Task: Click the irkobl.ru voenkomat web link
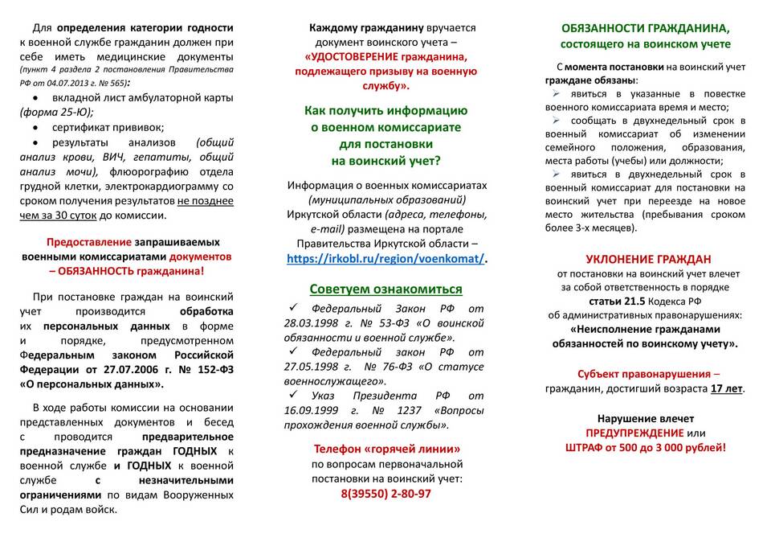tap(386, 259)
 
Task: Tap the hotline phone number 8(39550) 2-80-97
tap(386, 494)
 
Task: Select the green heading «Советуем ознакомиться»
tap(386, 289)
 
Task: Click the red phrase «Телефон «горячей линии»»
tap(386, 449)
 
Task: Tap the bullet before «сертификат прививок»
tap(37, 127)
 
